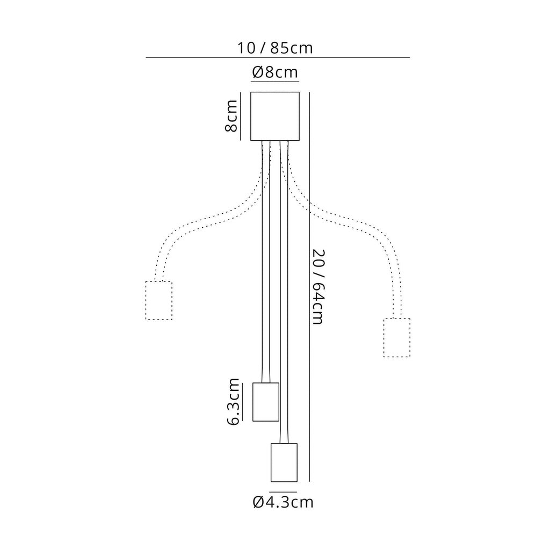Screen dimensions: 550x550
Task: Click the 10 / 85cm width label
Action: (275, 48)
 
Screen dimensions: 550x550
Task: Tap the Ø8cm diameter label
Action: (275, 73)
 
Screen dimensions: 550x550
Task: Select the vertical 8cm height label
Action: (231, 116)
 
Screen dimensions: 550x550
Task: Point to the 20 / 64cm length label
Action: (319, 287)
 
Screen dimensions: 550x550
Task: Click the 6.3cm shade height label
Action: (233, 402)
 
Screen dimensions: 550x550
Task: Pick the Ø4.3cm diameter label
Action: (283, 502)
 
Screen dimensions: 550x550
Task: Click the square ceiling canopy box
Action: (275, 116)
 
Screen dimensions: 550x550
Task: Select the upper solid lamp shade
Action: (266, 402)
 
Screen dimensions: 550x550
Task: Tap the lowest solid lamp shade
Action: (284, 462)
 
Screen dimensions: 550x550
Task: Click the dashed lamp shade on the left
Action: (159, 301)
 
